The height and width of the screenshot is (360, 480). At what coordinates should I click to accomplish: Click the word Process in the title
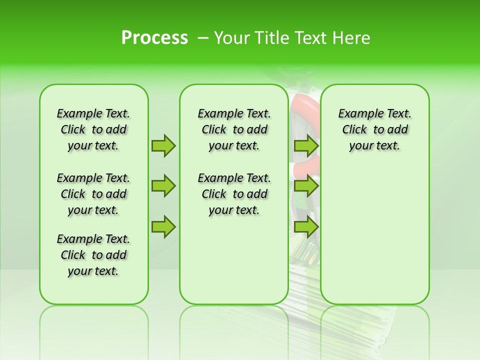154,38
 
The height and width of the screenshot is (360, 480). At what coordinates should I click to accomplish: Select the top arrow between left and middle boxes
163,145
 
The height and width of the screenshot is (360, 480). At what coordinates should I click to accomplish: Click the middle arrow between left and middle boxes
163,186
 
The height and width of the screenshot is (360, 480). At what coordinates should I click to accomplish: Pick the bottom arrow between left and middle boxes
163,227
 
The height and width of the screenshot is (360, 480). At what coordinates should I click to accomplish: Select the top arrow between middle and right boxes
306,145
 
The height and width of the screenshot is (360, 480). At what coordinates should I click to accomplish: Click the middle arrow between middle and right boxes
306,186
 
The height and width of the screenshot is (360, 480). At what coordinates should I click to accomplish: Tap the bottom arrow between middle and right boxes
306,227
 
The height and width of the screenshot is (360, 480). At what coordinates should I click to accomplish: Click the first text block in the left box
93,129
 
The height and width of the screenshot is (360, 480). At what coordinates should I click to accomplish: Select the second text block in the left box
93,194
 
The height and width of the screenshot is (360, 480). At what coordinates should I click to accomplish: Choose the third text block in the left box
93,255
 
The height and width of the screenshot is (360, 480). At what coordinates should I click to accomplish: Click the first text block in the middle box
234,129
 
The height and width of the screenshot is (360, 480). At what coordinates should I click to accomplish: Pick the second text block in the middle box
234,194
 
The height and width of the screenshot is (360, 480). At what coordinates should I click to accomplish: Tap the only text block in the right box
374,129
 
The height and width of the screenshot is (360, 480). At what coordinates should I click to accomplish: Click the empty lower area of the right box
374,240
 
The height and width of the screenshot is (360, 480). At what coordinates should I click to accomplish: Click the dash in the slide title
202,38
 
